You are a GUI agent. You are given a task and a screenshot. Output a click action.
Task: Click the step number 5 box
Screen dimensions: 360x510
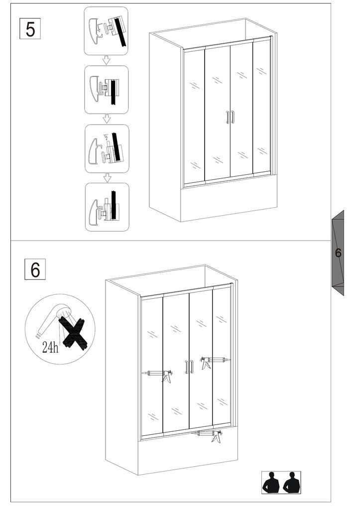(x=30, y=29)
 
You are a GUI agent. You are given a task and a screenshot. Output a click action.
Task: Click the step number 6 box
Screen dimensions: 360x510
(x=35, y=269)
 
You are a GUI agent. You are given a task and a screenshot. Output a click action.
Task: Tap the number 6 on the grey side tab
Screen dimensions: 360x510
(x=338, y=253)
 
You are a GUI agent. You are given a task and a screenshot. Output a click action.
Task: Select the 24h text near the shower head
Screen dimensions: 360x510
(x=50, y=347)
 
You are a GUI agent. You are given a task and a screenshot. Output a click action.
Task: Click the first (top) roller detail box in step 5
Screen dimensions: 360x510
(x=106, y=31)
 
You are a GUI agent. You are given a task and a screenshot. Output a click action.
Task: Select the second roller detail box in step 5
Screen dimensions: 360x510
(x=107, y=90)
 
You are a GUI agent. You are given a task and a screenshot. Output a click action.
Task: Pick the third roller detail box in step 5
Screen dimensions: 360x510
(x=107, y=148)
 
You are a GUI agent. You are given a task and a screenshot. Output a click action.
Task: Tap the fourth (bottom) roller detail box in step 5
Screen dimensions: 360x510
(x=108, y=207)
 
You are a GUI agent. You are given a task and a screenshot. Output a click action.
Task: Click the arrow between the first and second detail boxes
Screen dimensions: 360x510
(x=107, y=60)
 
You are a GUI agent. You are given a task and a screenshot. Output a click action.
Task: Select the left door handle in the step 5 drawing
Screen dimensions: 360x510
(x=228, y=118)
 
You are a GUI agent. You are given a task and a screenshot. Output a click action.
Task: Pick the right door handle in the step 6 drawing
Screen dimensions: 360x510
(x=192, y=367)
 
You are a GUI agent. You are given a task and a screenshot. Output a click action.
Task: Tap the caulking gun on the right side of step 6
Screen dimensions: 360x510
(x=215, y=361)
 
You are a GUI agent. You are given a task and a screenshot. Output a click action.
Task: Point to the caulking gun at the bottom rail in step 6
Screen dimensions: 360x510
(x=208, y=435)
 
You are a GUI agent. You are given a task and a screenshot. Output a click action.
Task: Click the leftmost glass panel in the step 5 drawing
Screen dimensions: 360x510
(x=195, y=117)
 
